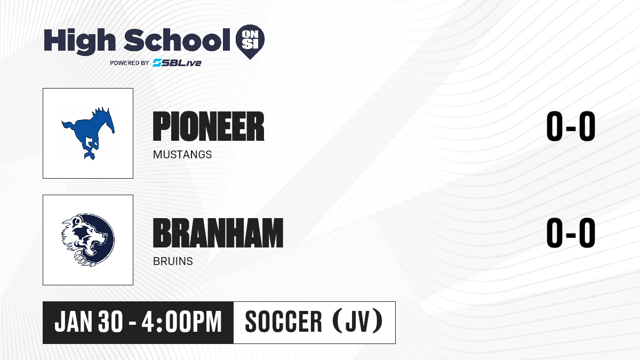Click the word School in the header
click(177, 40)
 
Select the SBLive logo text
click(177, 63)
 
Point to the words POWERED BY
click(130, 63)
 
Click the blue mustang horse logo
click(88, 133)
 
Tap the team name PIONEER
click(209, 126)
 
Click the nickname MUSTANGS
click(182, 155)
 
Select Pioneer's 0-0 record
click(571, 126)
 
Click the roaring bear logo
click(88, 240)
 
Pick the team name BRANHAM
click(218, 233)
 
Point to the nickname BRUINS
click(173, 261)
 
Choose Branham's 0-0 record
click(571, 233)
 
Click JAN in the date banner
click(74, 322)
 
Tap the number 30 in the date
click(110, 322)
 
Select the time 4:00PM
click(182, 322)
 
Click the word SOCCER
click(283, 322)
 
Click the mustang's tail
click(68, 126)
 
